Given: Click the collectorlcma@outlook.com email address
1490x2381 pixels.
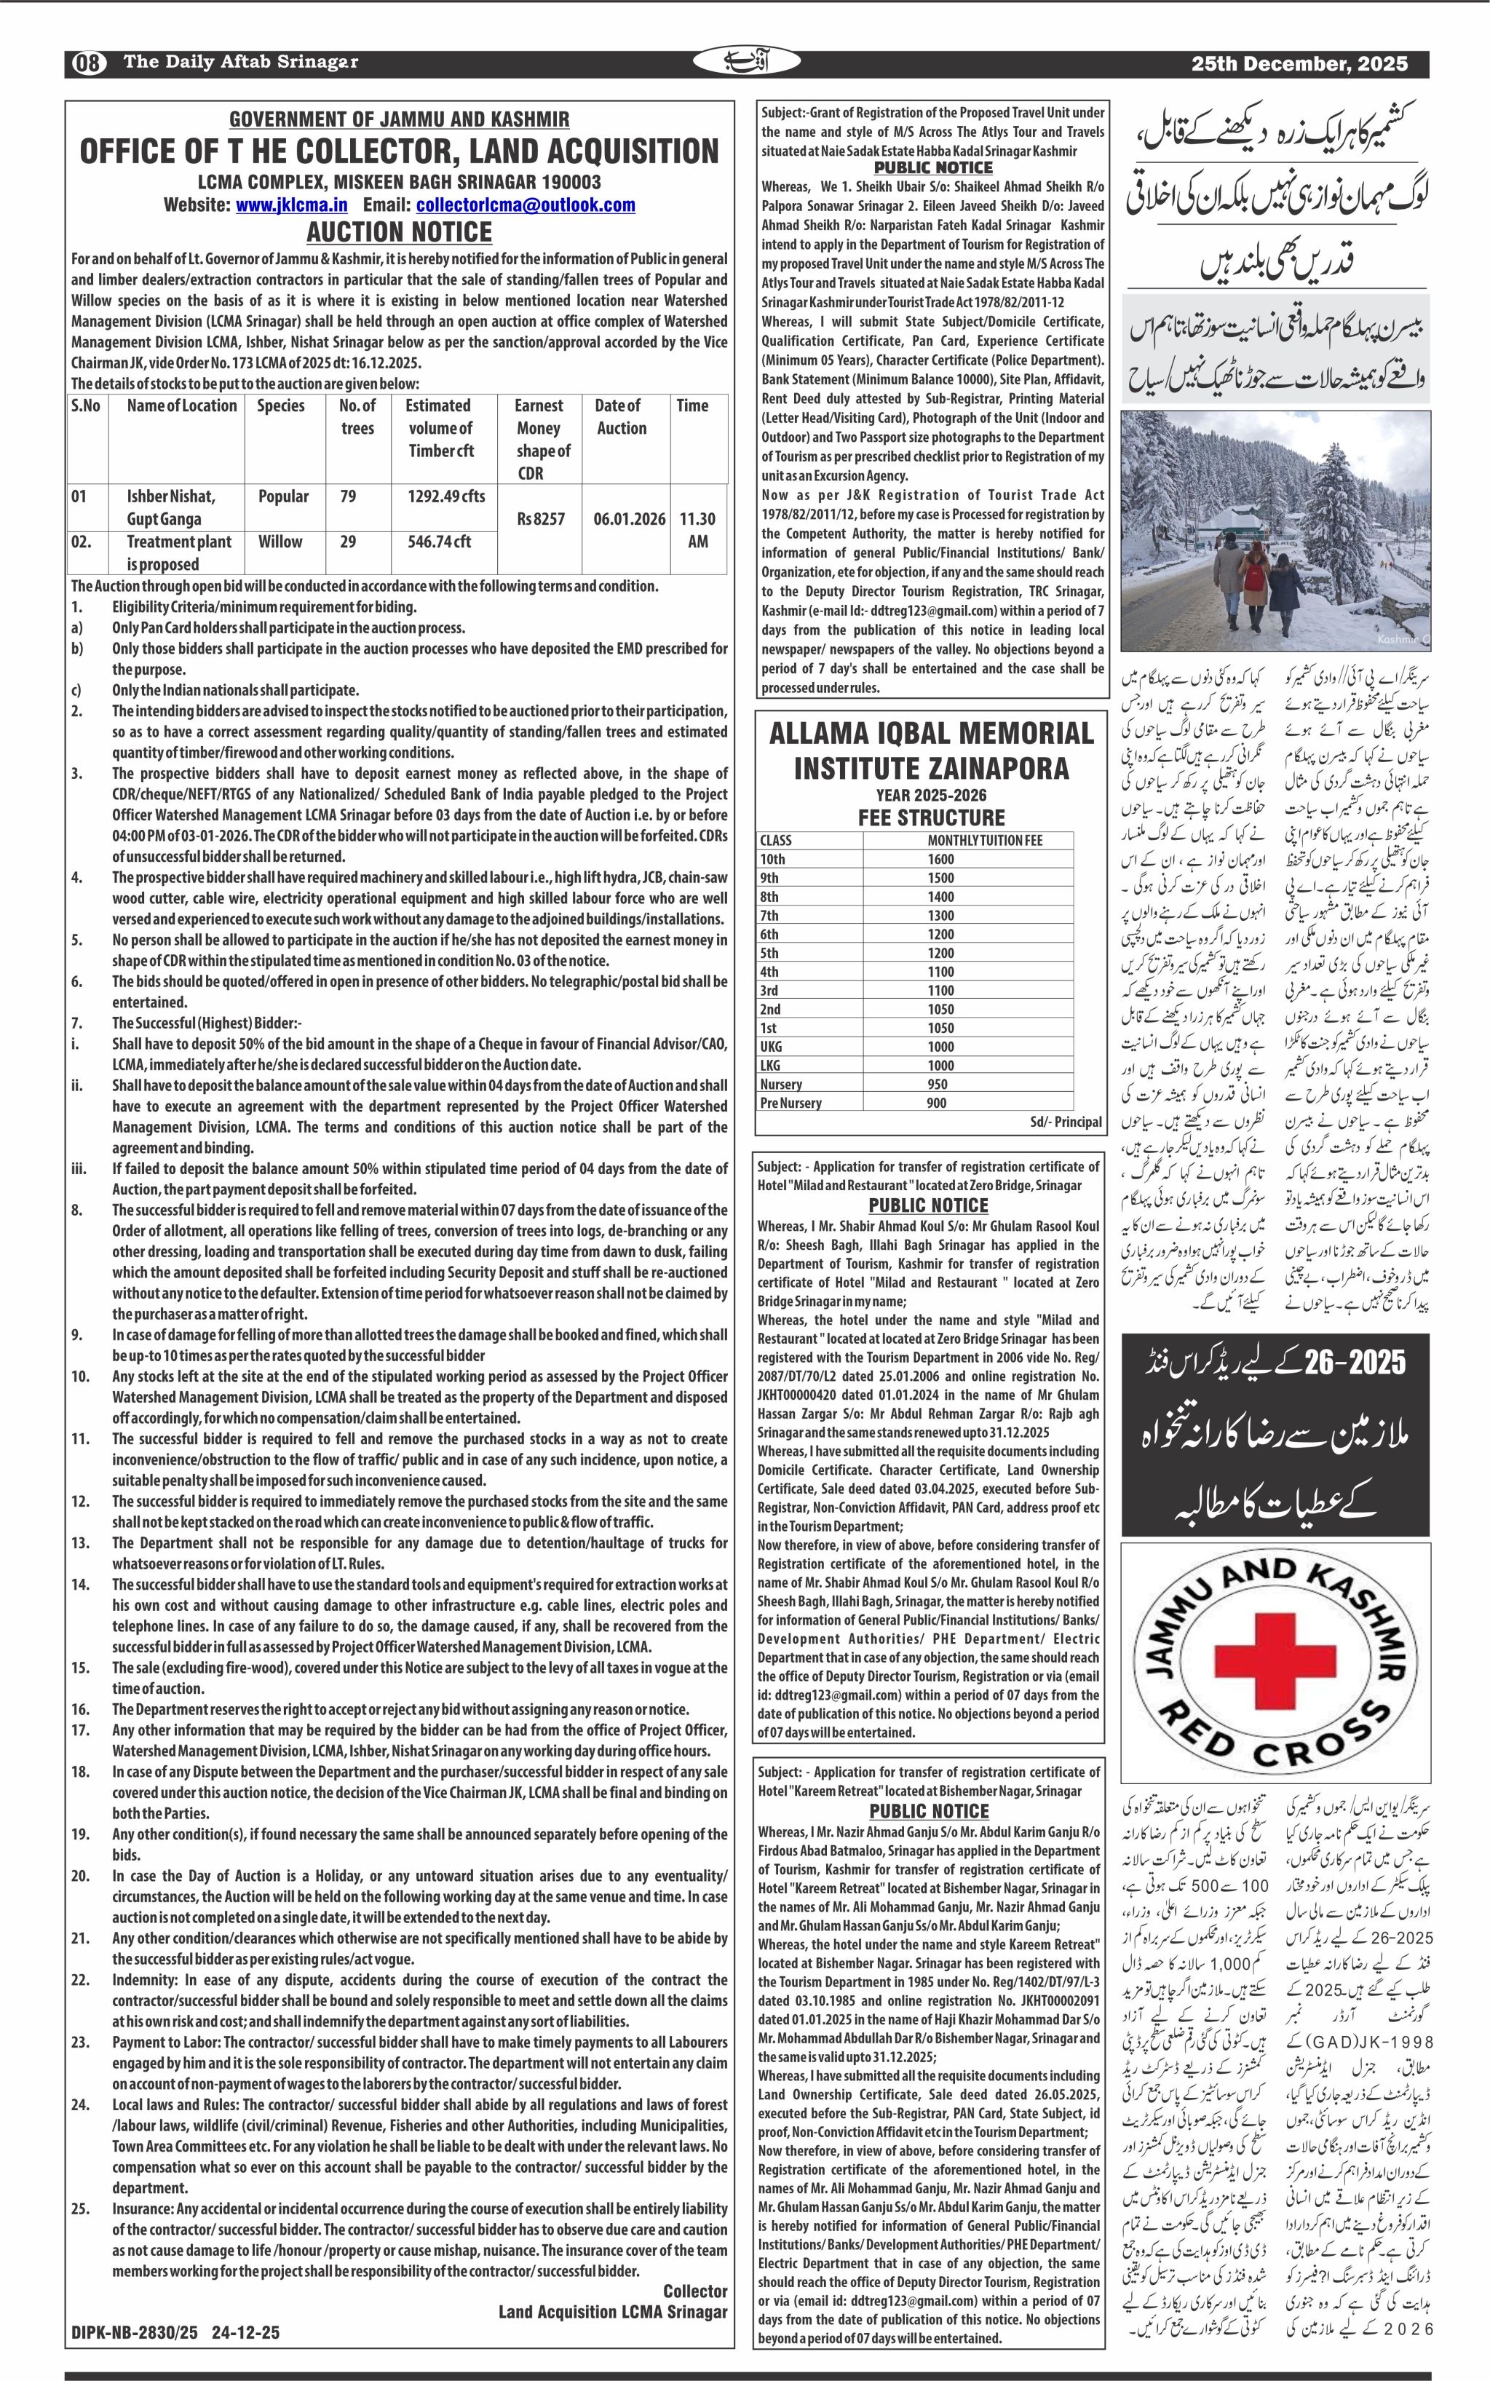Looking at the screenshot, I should pos(526,205).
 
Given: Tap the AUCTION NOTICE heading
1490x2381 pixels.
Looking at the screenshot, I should pos(399,233).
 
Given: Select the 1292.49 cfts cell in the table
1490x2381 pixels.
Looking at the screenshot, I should pos(446,496).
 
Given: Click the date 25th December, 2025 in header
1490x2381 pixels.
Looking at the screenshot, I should pos(1299,63).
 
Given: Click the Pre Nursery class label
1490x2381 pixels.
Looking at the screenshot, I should pos(790,1103).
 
